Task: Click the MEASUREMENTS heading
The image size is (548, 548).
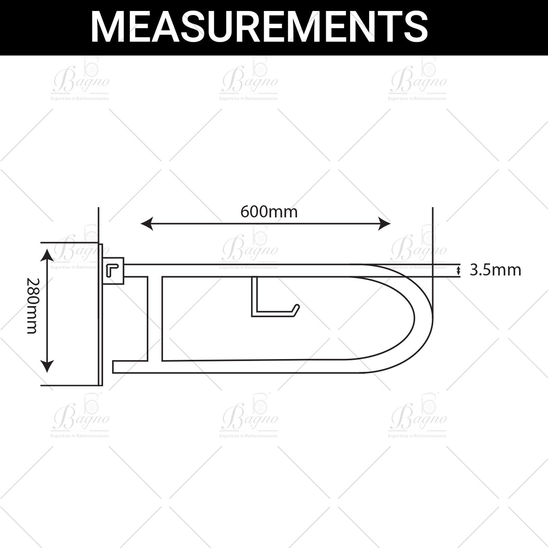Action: [x=259, y=27]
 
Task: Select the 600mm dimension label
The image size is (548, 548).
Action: [x=269, y=212]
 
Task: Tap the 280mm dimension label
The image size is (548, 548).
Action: [x=32, y=306]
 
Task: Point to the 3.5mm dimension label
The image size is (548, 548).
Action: [x=495, y=270]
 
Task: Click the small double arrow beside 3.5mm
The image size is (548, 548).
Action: [x=458, y=271]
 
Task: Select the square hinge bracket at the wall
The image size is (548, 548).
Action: [x=114, y=271]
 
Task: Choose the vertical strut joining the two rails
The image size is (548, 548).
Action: [x=155, y=319]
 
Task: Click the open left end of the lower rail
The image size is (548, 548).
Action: [x=114, y=367]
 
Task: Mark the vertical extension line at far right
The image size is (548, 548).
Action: [x=433, y=235]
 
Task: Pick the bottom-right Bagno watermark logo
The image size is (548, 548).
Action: [x=417, y=417]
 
